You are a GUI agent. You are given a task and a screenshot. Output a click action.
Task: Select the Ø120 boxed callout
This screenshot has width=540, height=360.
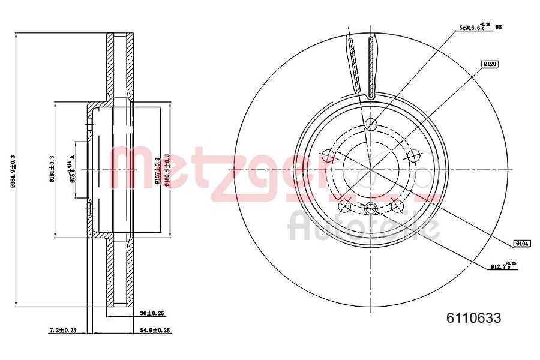[x=490, y=63]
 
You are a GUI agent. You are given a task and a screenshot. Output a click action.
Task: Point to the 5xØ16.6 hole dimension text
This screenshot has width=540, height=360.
[x=475, y=27]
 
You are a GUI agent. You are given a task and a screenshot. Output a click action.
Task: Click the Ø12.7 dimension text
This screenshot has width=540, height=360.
[x=503, y=265]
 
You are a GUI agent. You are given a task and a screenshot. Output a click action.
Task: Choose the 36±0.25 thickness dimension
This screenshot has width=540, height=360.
[x=152, y=313]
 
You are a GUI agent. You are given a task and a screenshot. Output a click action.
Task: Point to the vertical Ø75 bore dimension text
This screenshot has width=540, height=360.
[x=73, y=170]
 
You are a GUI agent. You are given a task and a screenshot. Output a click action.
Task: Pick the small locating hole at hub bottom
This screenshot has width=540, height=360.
[x=371, y=209]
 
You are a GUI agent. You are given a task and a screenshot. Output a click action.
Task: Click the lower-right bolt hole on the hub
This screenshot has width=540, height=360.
[x=397, y=206]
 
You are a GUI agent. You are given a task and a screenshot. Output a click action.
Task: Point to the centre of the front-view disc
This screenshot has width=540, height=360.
[x=371, y=170]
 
